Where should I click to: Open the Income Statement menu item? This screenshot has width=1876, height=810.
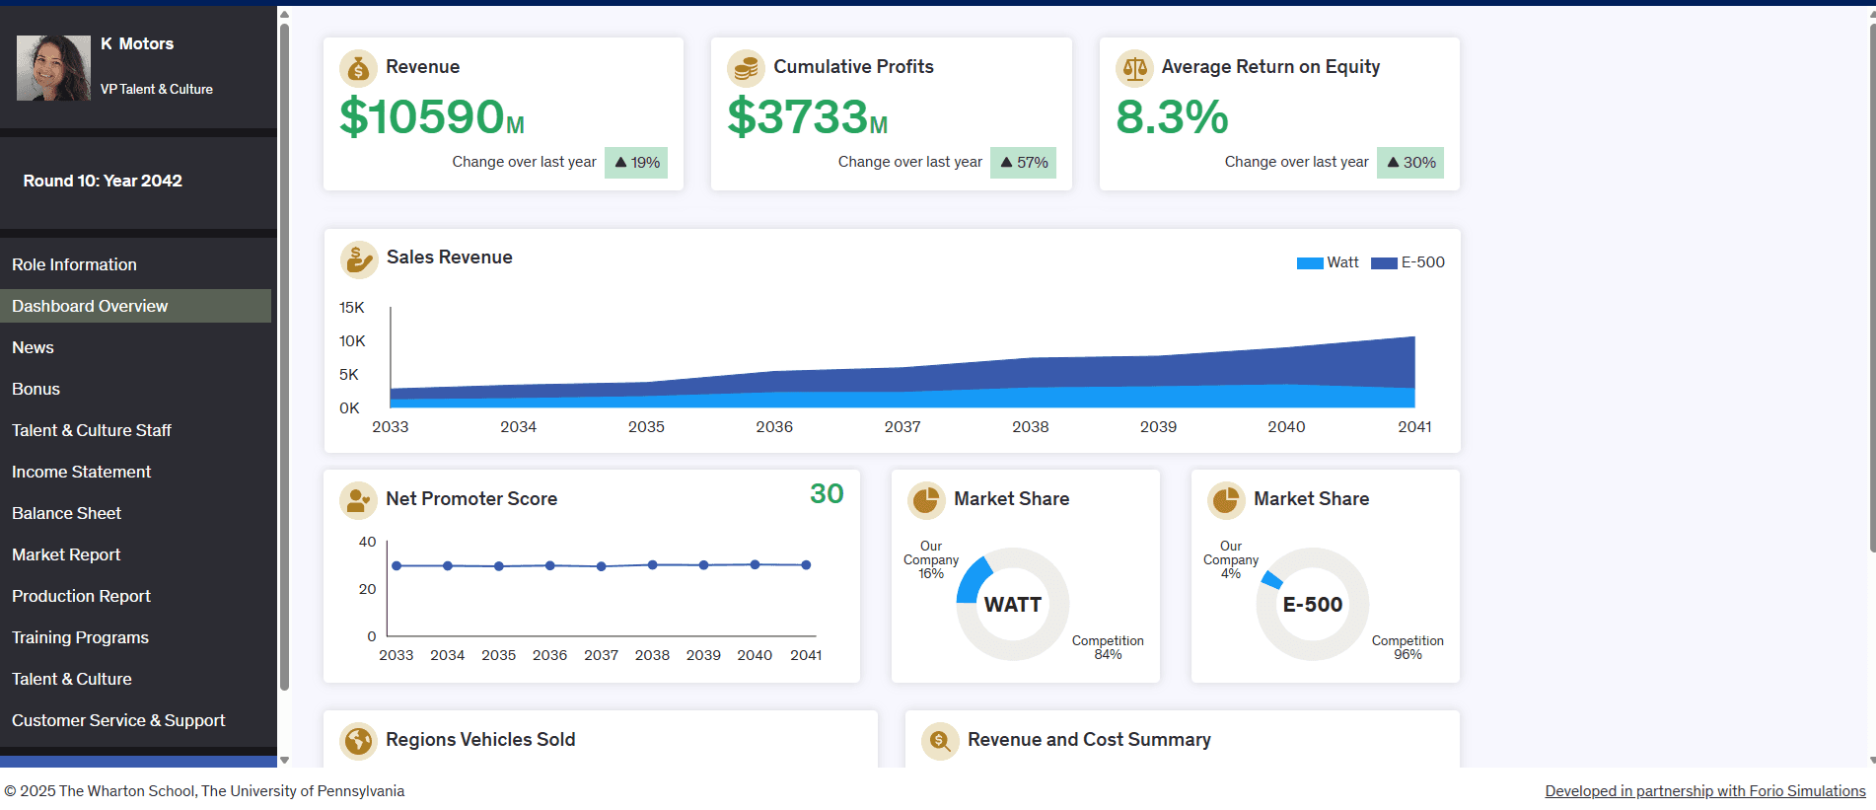[81, 472]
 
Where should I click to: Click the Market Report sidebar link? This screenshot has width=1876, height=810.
[66, 554]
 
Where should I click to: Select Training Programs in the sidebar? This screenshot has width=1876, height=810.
[80, 637]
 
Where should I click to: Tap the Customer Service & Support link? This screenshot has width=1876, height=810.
[118, 720]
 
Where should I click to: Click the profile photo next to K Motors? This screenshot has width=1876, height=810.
[53, 67]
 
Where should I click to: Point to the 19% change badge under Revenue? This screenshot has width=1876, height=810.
[636, 163]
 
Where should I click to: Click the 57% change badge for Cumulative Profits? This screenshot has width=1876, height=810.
[1023, 163]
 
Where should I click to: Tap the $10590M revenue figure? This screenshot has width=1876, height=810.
[431, 117]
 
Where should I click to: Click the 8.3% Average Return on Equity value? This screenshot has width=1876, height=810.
[1172, 117]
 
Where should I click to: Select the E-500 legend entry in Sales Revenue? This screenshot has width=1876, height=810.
[1408, 262]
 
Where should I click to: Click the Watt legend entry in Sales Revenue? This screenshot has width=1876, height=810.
[1329, 262]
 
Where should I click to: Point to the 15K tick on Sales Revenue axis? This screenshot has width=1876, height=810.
[351, 308]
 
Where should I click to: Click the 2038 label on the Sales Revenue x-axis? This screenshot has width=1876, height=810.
[1030, 427]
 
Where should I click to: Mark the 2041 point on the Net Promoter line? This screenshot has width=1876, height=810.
[806, 565]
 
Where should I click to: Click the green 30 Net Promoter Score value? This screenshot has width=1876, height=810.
[827, 493]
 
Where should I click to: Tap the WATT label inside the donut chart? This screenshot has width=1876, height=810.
[1012, 605]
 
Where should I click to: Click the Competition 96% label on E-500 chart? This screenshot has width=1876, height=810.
[1407, 647]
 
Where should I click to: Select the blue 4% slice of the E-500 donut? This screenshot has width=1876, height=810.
[1272, 579]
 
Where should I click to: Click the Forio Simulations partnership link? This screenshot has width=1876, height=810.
[1704, 791]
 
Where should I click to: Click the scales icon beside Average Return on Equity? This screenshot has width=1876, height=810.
[1134, 68]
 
